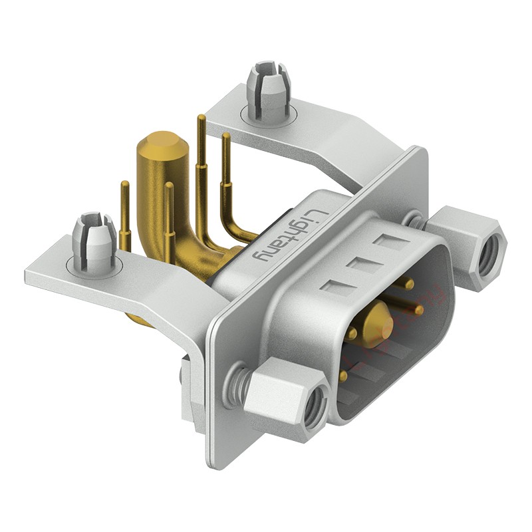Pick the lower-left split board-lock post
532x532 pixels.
93,242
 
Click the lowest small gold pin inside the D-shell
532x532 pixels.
343,375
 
